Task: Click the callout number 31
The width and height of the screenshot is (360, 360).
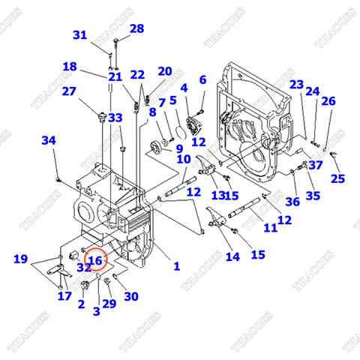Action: click(79, 35)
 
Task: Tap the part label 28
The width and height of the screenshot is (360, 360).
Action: click(136, 28)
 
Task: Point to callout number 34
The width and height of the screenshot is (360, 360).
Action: click(48, 140)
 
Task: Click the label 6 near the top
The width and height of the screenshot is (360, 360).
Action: click(202, 79)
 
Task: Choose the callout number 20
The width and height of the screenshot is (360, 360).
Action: click(164, 71)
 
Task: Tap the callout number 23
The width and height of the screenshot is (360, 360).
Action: click(296, 84)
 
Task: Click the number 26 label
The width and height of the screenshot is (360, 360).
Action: click(328, 102)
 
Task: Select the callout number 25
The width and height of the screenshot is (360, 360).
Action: click(337, 178)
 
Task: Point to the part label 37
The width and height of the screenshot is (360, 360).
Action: click(315, 166)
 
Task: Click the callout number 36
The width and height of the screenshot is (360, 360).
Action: click(292, 201)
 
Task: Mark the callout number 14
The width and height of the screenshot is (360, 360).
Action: click(232, 256)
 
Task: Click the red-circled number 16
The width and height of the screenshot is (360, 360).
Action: click(95, 259)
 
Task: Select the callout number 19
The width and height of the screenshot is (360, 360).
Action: click(22, 259)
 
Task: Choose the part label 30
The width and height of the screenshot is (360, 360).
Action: click(131, 296)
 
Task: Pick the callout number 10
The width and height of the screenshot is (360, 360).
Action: click(184, 158)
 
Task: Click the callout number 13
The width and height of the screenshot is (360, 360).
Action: click(217, 195)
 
